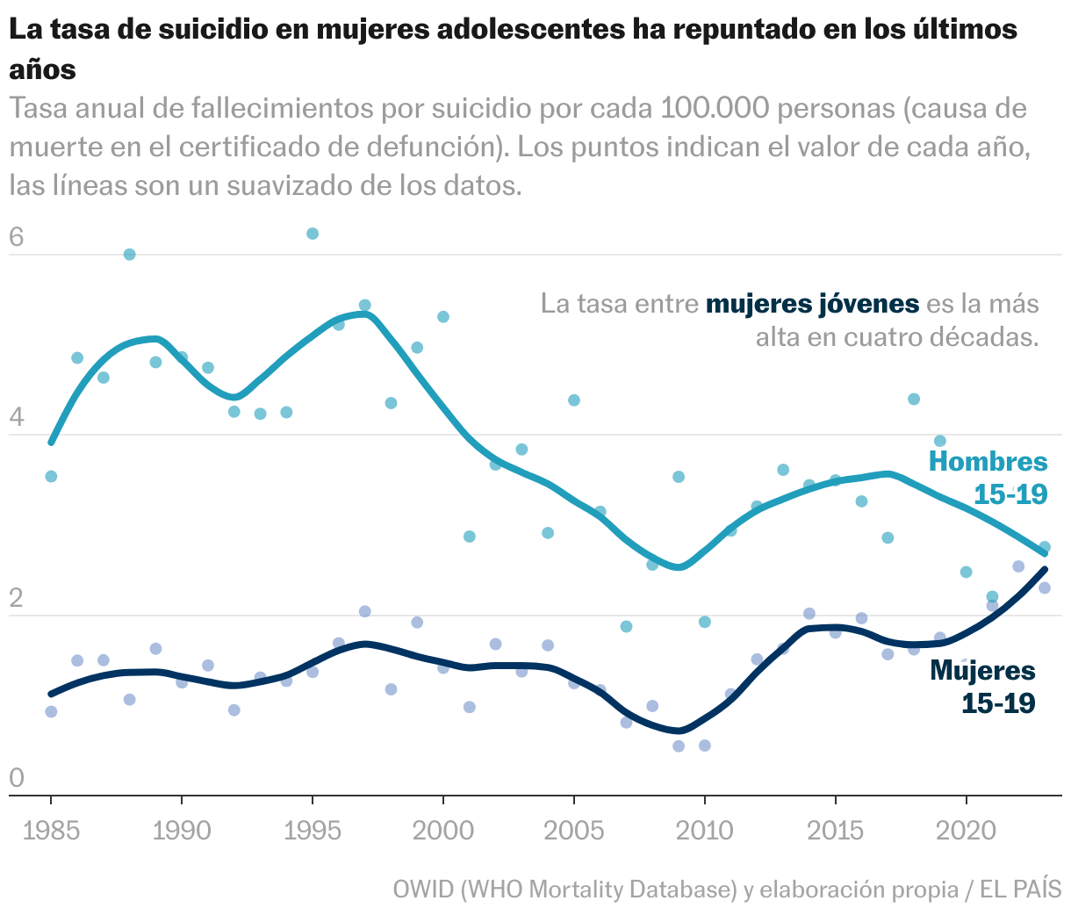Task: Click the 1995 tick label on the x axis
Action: click(312, 831)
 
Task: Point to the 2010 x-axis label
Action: click(704, 831)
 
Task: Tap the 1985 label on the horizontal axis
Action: click(51, 831)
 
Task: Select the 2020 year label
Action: click(966, 831)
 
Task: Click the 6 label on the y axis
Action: click(16, 237)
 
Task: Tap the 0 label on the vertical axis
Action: click(16, 778)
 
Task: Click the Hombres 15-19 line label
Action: click(988, 478)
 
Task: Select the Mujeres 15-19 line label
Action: click(983, 687)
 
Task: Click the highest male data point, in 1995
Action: click(312, 234)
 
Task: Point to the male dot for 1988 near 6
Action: click(129, 255)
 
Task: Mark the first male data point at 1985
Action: click(51, 476)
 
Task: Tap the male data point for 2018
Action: click(913, 399)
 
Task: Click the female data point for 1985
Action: click(51, 711)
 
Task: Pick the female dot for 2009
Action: click(678, 746)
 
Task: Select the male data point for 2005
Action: click(573, 400)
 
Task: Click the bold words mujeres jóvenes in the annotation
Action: click(812, 305)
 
